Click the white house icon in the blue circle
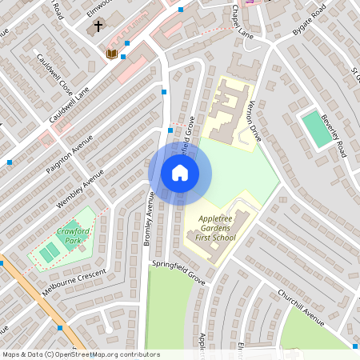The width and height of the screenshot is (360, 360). [x=180, y=172]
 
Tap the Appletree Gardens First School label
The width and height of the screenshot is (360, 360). [x=212, y=227]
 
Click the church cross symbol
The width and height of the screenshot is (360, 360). [x=98, y=26]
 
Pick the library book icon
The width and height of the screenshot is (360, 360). [x=112, y=54]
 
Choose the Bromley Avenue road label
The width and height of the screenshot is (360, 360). [x=148, y=218]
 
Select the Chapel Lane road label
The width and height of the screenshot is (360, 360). [x=241, y=22]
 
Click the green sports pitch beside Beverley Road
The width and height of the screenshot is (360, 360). [x=316, y=128]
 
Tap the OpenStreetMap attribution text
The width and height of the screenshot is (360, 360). [x=81, y=354]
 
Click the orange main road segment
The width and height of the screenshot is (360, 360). [x=36, y=301]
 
